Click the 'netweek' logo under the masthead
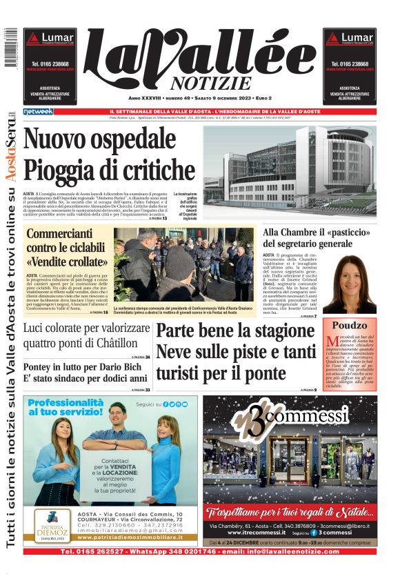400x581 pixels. pos(38,111)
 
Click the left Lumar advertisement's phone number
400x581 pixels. pos(51,64)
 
